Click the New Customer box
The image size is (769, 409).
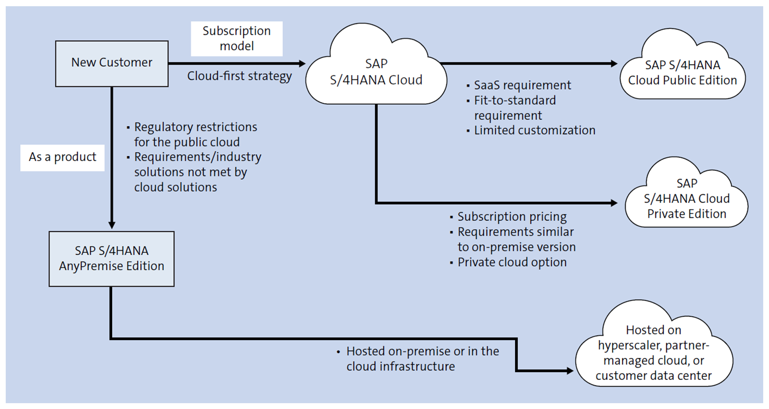[x=112, y=63]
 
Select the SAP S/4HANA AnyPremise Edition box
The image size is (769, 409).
[x=112, y=259]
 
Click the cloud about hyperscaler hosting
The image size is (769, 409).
[x=654, y=353]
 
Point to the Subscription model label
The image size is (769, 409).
[x=237, y=38]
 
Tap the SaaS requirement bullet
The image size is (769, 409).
[x=522, y=85]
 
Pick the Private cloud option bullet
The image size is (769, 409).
[x=511, y=262]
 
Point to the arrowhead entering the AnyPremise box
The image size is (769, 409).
[x=112, y=224]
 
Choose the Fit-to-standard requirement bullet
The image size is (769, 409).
[x=515, y=107]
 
